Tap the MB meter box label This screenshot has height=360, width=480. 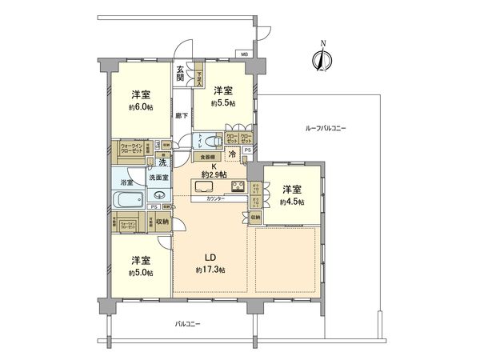[242, 54]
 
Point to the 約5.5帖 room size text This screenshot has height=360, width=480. [222, 104]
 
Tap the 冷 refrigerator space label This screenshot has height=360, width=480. [233, 153]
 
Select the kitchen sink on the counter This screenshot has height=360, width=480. [204, 186]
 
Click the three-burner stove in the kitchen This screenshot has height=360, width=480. [237, 186]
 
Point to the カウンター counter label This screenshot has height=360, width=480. [215, 198]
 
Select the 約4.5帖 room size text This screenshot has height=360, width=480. [292, 202]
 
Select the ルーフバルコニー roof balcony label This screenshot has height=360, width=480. [324, 129]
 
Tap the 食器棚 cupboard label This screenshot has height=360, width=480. [206, 157]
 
